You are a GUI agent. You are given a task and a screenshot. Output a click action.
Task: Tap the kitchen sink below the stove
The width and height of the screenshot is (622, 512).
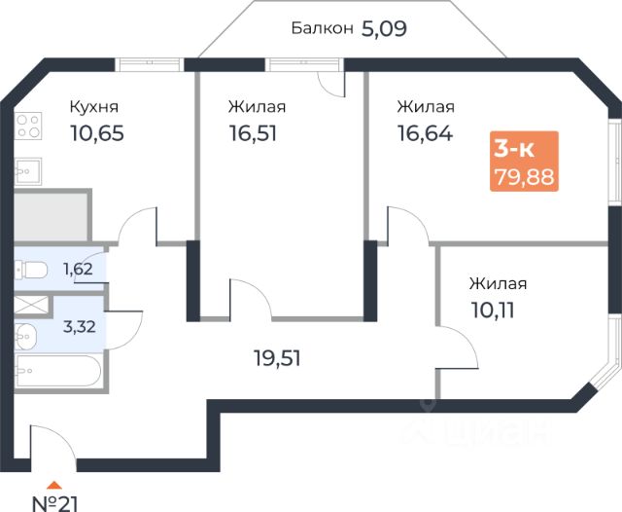coord(26,170)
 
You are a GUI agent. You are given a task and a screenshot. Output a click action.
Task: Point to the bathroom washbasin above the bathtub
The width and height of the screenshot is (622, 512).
coord(26,333)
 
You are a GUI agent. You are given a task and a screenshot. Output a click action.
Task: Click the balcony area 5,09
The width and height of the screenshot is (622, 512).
coord(384,27)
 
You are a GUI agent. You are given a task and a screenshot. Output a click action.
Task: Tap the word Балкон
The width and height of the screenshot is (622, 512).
coord(321,28)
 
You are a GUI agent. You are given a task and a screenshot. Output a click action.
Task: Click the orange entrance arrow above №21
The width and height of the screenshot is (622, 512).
coord(56,484)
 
